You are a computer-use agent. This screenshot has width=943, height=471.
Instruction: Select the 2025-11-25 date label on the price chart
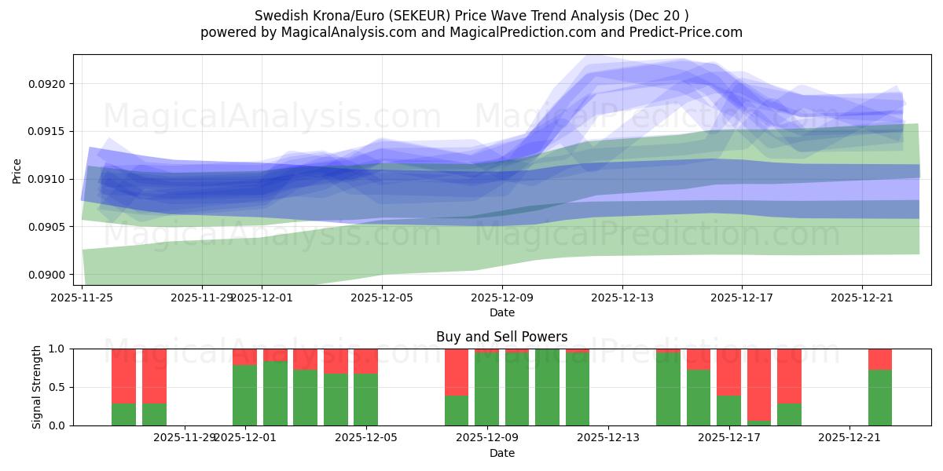(83, 298)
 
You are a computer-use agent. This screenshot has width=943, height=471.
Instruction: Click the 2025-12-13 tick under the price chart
(622, 298)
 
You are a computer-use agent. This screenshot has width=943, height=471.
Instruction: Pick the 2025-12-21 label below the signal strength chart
(849, 438)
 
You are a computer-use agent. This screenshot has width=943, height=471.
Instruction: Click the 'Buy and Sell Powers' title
(501, 337)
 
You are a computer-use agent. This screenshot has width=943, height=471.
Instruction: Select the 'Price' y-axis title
(17, 170)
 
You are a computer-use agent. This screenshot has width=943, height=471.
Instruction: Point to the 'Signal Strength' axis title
(37, 386)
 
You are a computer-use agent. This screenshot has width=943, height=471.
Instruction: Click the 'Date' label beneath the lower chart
(501, 453)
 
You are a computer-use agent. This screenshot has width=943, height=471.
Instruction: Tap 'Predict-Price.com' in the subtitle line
(681, 32)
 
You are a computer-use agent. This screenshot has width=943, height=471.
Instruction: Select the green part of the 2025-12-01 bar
(244, 395)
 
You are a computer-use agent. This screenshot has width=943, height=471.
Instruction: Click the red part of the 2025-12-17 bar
(728, 372)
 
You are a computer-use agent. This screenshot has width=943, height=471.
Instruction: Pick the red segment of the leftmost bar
(123, 376)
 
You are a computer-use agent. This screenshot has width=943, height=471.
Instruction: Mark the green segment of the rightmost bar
(880, 397)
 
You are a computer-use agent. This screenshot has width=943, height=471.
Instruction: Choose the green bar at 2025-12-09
(486, 389)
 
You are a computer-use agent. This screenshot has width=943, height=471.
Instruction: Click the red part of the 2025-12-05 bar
(365, 361)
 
